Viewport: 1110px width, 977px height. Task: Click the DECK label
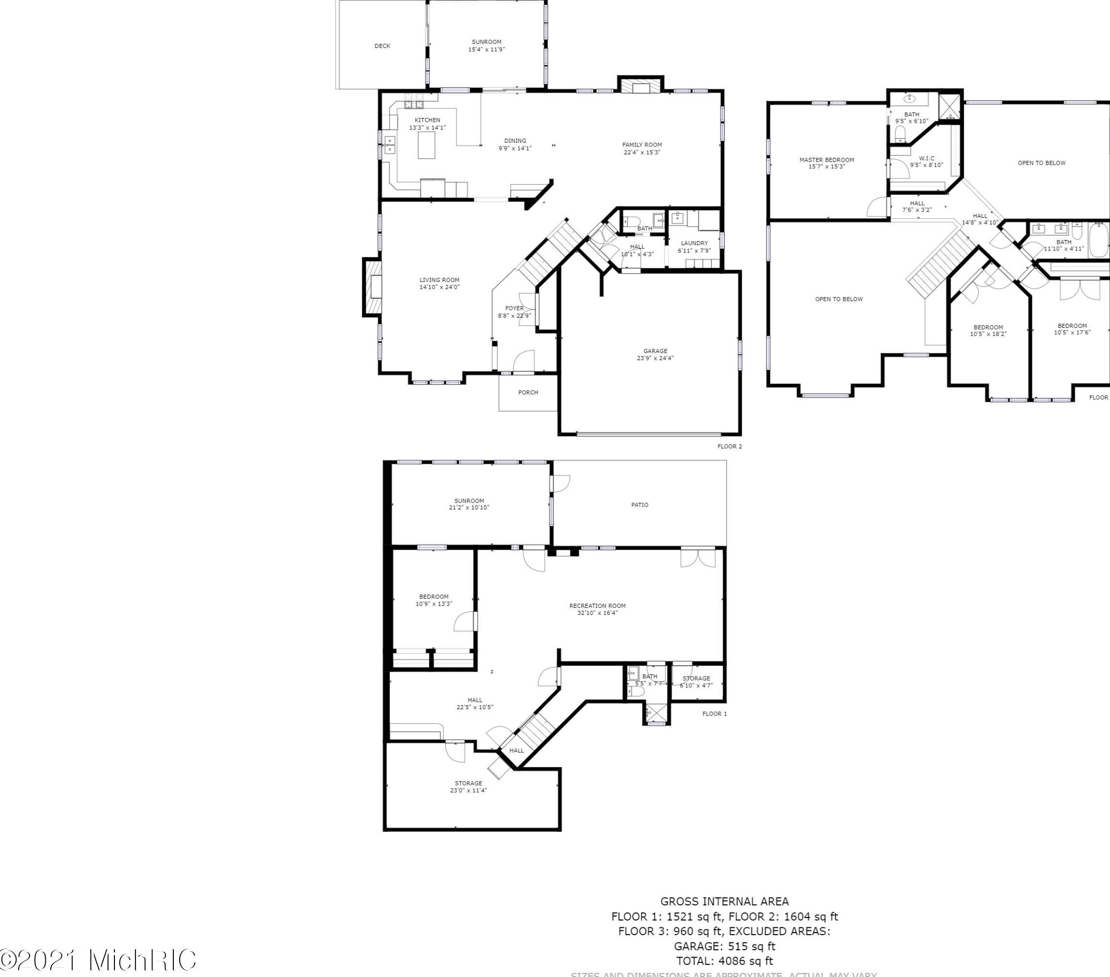382,46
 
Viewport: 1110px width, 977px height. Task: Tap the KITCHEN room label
427,120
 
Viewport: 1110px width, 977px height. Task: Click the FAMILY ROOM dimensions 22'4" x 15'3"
642,152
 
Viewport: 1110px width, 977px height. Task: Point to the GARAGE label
655,351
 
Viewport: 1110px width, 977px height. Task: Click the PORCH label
528,392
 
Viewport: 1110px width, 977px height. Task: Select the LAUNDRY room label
694,244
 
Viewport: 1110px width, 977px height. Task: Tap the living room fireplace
373,288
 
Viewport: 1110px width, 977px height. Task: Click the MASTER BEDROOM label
827,160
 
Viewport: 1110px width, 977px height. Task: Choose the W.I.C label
926,159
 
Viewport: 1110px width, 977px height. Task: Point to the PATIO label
639,505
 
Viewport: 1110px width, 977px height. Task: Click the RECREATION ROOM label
597,605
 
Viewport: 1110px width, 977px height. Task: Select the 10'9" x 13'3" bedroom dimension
433,604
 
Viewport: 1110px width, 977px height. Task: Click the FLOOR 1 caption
714,714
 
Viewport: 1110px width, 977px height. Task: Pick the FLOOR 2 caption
729,447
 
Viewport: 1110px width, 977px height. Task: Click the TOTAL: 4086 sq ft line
724,961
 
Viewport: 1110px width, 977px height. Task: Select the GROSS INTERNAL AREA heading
724,902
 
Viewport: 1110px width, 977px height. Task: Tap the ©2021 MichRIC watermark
98,959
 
